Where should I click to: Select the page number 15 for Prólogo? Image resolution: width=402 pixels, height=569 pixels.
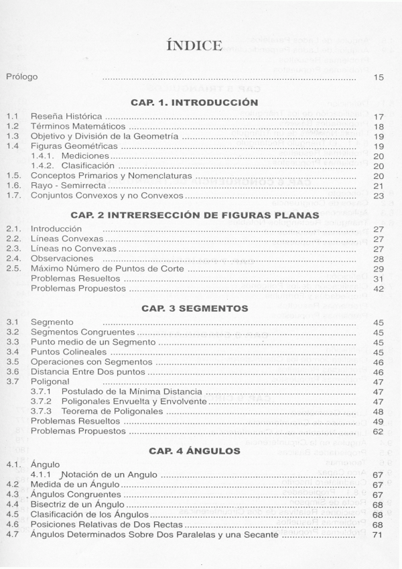tap(379, 78)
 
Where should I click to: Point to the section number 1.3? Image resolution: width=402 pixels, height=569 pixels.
tap(11, 136)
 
